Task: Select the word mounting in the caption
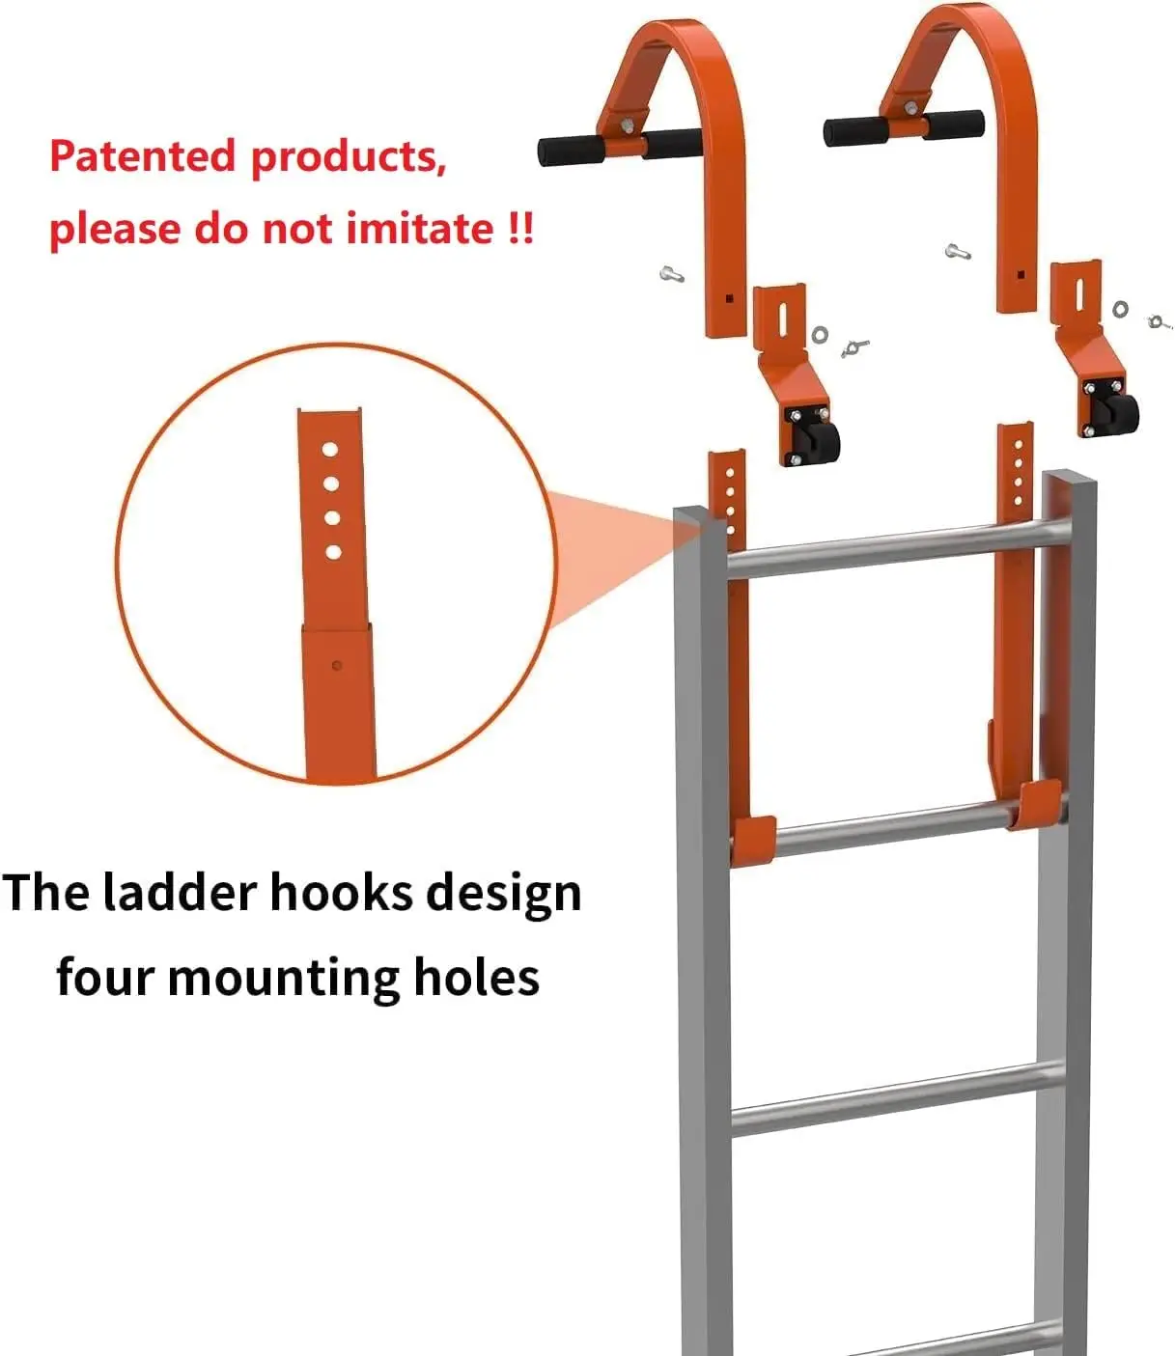click(x=283, y=977)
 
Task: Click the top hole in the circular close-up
click(x=330, y=450)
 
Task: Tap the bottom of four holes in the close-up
click(x=333, y=552)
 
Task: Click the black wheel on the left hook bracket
click(x=820, y=439)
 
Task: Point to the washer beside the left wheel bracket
click(x=820, y=334)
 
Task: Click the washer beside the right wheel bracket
click(x=1120, y=309)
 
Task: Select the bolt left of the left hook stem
click(x=673, y=274)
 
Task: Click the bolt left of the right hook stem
click(x=957, y=252)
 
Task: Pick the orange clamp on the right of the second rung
click(x=1038, y=804)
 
